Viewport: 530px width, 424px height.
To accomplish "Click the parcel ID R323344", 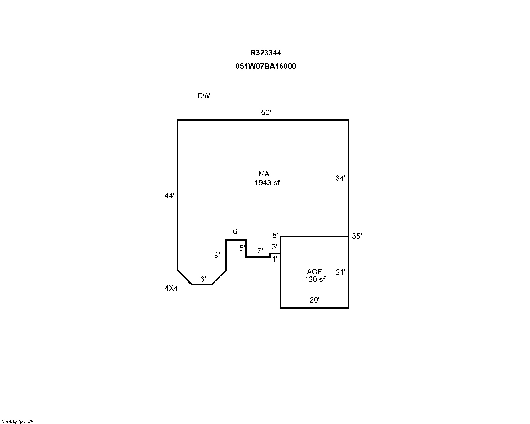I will coord(266,53).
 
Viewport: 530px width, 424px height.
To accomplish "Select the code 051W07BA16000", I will coord(266,66).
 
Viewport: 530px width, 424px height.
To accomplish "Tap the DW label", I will coord(204,96).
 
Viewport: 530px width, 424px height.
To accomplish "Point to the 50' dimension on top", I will coord(266,113).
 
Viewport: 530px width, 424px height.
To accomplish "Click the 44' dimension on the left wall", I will coord(170,196).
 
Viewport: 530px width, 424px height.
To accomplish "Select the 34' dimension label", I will coord(341,178).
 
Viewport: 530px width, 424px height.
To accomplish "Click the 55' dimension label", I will coord(357,236).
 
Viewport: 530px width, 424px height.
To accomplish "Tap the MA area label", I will coord(264,174).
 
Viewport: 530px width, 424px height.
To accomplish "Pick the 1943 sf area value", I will coord(267,183).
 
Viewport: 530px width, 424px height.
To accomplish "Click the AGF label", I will coord(314,272).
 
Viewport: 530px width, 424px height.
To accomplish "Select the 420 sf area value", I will coord(315,279).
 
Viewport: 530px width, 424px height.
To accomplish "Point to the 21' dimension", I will coord(341,272).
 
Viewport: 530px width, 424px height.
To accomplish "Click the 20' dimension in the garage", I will coord(314,300).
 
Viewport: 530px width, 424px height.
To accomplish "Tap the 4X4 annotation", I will coord(171,288).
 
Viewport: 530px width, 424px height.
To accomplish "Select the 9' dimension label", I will coord(217,255).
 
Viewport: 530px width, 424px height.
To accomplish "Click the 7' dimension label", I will coord(260,251).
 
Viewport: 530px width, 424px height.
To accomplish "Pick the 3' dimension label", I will coord(275,247).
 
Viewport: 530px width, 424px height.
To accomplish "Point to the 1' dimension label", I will coord(275,259).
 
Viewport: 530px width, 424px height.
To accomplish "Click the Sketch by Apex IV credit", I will coord(17,422).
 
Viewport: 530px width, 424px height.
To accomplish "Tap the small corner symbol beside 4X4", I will coord(180,282).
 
